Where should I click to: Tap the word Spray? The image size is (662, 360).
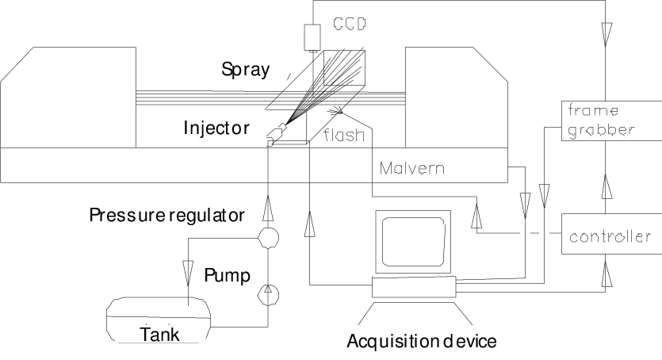[245, 71]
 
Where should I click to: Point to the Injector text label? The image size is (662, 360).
[216, 128]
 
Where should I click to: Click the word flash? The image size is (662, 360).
[344, 135]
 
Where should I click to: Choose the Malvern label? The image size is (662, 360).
[411, 168]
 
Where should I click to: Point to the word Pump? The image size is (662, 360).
[227, 275]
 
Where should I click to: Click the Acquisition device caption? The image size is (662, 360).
[421, 342]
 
